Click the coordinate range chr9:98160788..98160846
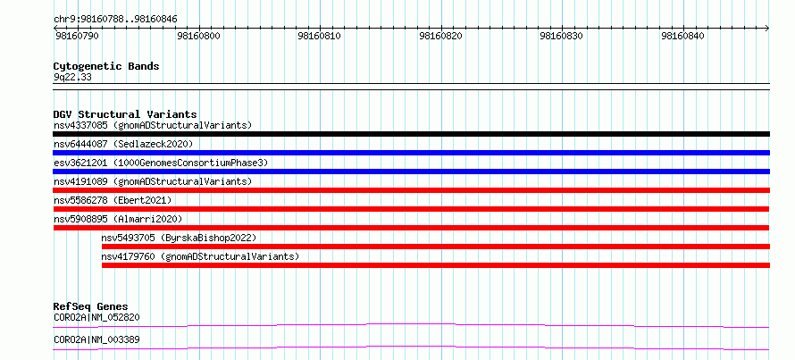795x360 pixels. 115,20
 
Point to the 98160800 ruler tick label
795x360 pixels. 198,37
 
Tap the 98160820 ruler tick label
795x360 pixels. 441,37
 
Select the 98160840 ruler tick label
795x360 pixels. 683,37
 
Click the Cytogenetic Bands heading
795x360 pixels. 106,66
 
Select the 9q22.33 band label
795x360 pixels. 72,78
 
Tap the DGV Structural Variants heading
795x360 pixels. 125,114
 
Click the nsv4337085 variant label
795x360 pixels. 80,125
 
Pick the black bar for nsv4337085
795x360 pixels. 411,134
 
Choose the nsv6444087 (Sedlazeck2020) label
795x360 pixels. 123,144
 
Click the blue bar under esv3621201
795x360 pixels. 411,172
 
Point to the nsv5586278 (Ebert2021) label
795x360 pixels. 113,200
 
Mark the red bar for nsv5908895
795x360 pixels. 411,228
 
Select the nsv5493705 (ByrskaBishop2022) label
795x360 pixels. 179,238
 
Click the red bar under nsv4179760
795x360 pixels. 436,265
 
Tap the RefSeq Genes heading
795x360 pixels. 91,306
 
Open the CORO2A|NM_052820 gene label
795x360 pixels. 96,318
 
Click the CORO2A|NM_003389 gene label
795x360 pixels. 96,339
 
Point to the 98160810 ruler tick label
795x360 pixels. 320,37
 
